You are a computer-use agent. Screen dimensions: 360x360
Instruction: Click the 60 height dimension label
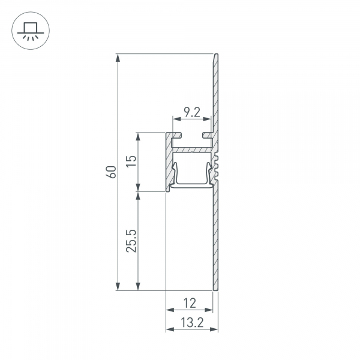point(110,172)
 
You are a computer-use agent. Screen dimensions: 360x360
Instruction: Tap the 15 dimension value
point(132,161)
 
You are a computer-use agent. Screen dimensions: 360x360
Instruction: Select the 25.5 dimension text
point(132,241)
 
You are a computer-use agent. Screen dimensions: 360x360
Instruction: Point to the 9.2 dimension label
point(192,112)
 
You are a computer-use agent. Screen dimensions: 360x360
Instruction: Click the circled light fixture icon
point(28,29)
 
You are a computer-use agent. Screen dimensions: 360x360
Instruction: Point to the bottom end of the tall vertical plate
point(215,289)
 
